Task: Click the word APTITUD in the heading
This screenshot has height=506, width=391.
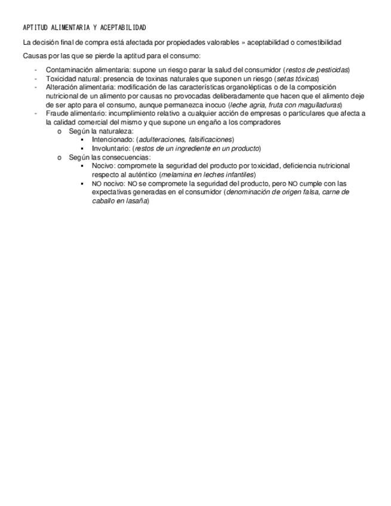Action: click(x=35, y=28)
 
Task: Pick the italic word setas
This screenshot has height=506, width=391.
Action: click(x=284, y=79)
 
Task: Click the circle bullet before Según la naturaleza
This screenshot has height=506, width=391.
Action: click(x=60, y=131)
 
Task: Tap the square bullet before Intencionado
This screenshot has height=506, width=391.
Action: click(x=82, y=140)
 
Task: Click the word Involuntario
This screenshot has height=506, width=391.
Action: click(x=110, y=149)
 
